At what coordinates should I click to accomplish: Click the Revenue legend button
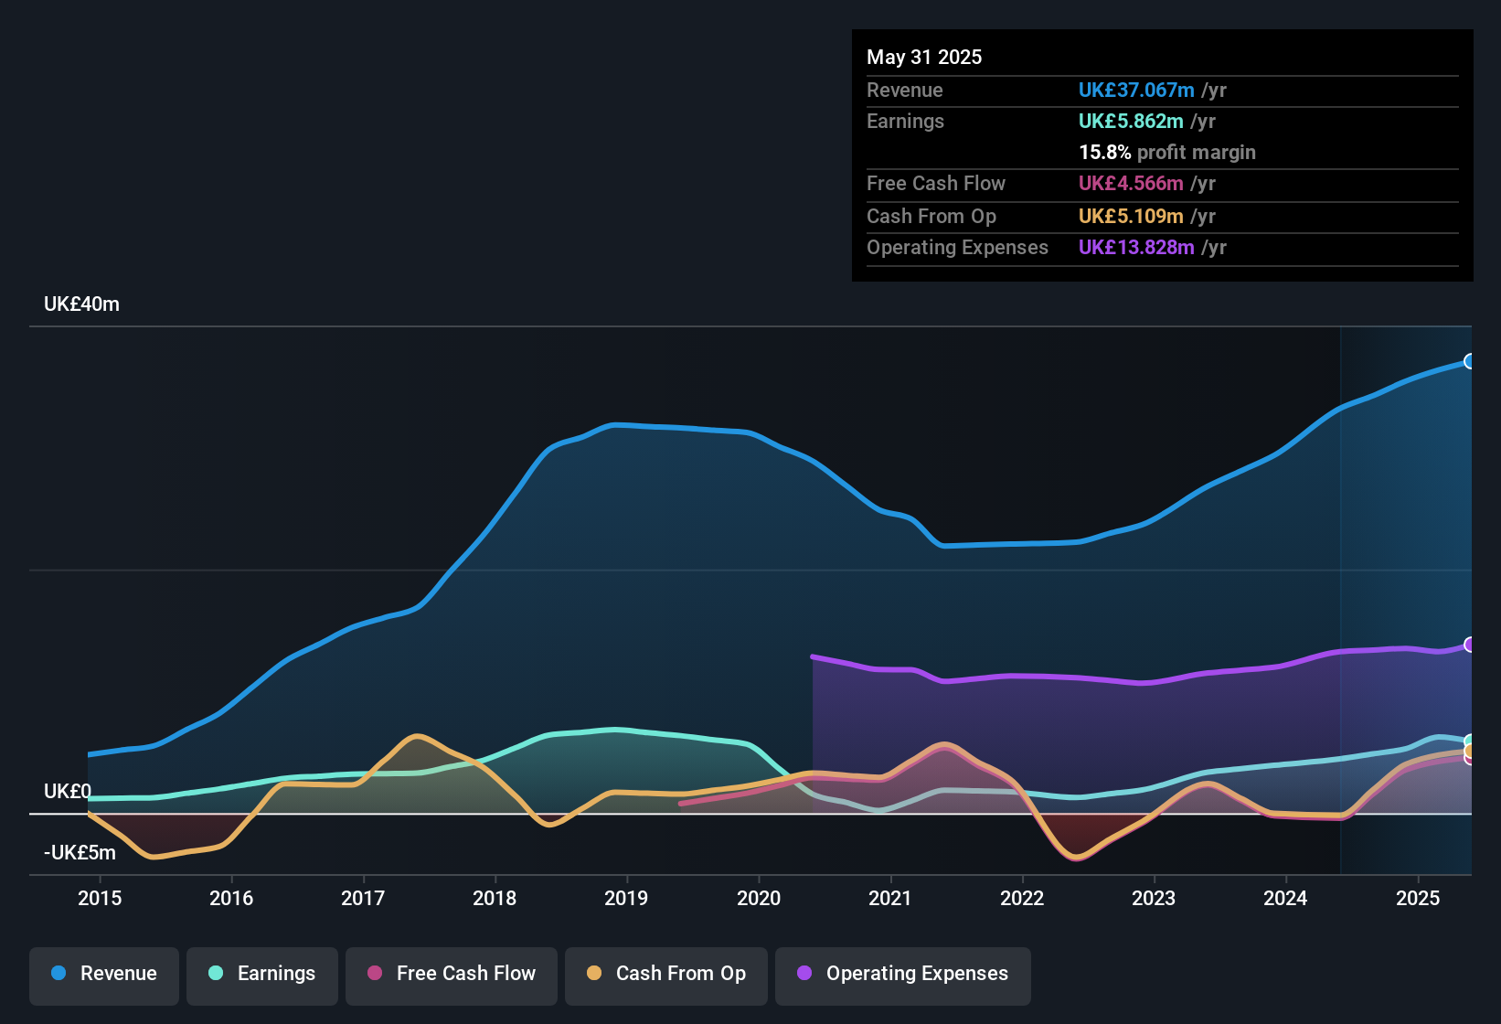(104, 974)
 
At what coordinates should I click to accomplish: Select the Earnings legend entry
(262, 974)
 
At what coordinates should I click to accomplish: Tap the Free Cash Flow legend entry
(452, 974)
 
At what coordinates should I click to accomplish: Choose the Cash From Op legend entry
(666, 974)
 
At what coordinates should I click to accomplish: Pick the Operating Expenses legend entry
(903, 974)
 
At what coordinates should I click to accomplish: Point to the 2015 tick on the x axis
(100, 898)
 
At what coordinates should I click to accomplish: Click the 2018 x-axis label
(495, 898)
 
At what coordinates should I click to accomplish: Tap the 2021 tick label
(889, 898)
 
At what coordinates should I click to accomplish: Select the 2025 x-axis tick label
(1417, 898)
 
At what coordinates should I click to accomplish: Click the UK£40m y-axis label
(81, 304)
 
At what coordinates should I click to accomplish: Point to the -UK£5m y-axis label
(80, 853)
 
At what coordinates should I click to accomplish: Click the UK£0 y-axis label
(67, 792)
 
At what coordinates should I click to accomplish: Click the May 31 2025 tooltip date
(924, 58)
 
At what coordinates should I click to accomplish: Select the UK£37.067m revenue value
(1136, 91)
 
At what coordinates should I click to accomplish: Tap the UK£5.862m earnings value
(1131, 122)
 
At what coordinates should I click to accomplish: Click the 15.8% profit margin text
(1167, 153)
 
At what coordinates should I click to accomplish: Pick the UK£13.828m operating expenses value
(1136, 248)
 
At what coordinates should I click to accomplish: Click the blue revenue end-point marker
(1469, 361)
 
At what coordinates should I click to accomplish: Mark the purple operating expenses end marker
(1469, 645)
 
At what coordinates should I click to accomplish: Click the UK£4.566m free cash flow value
(1131, 184)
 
